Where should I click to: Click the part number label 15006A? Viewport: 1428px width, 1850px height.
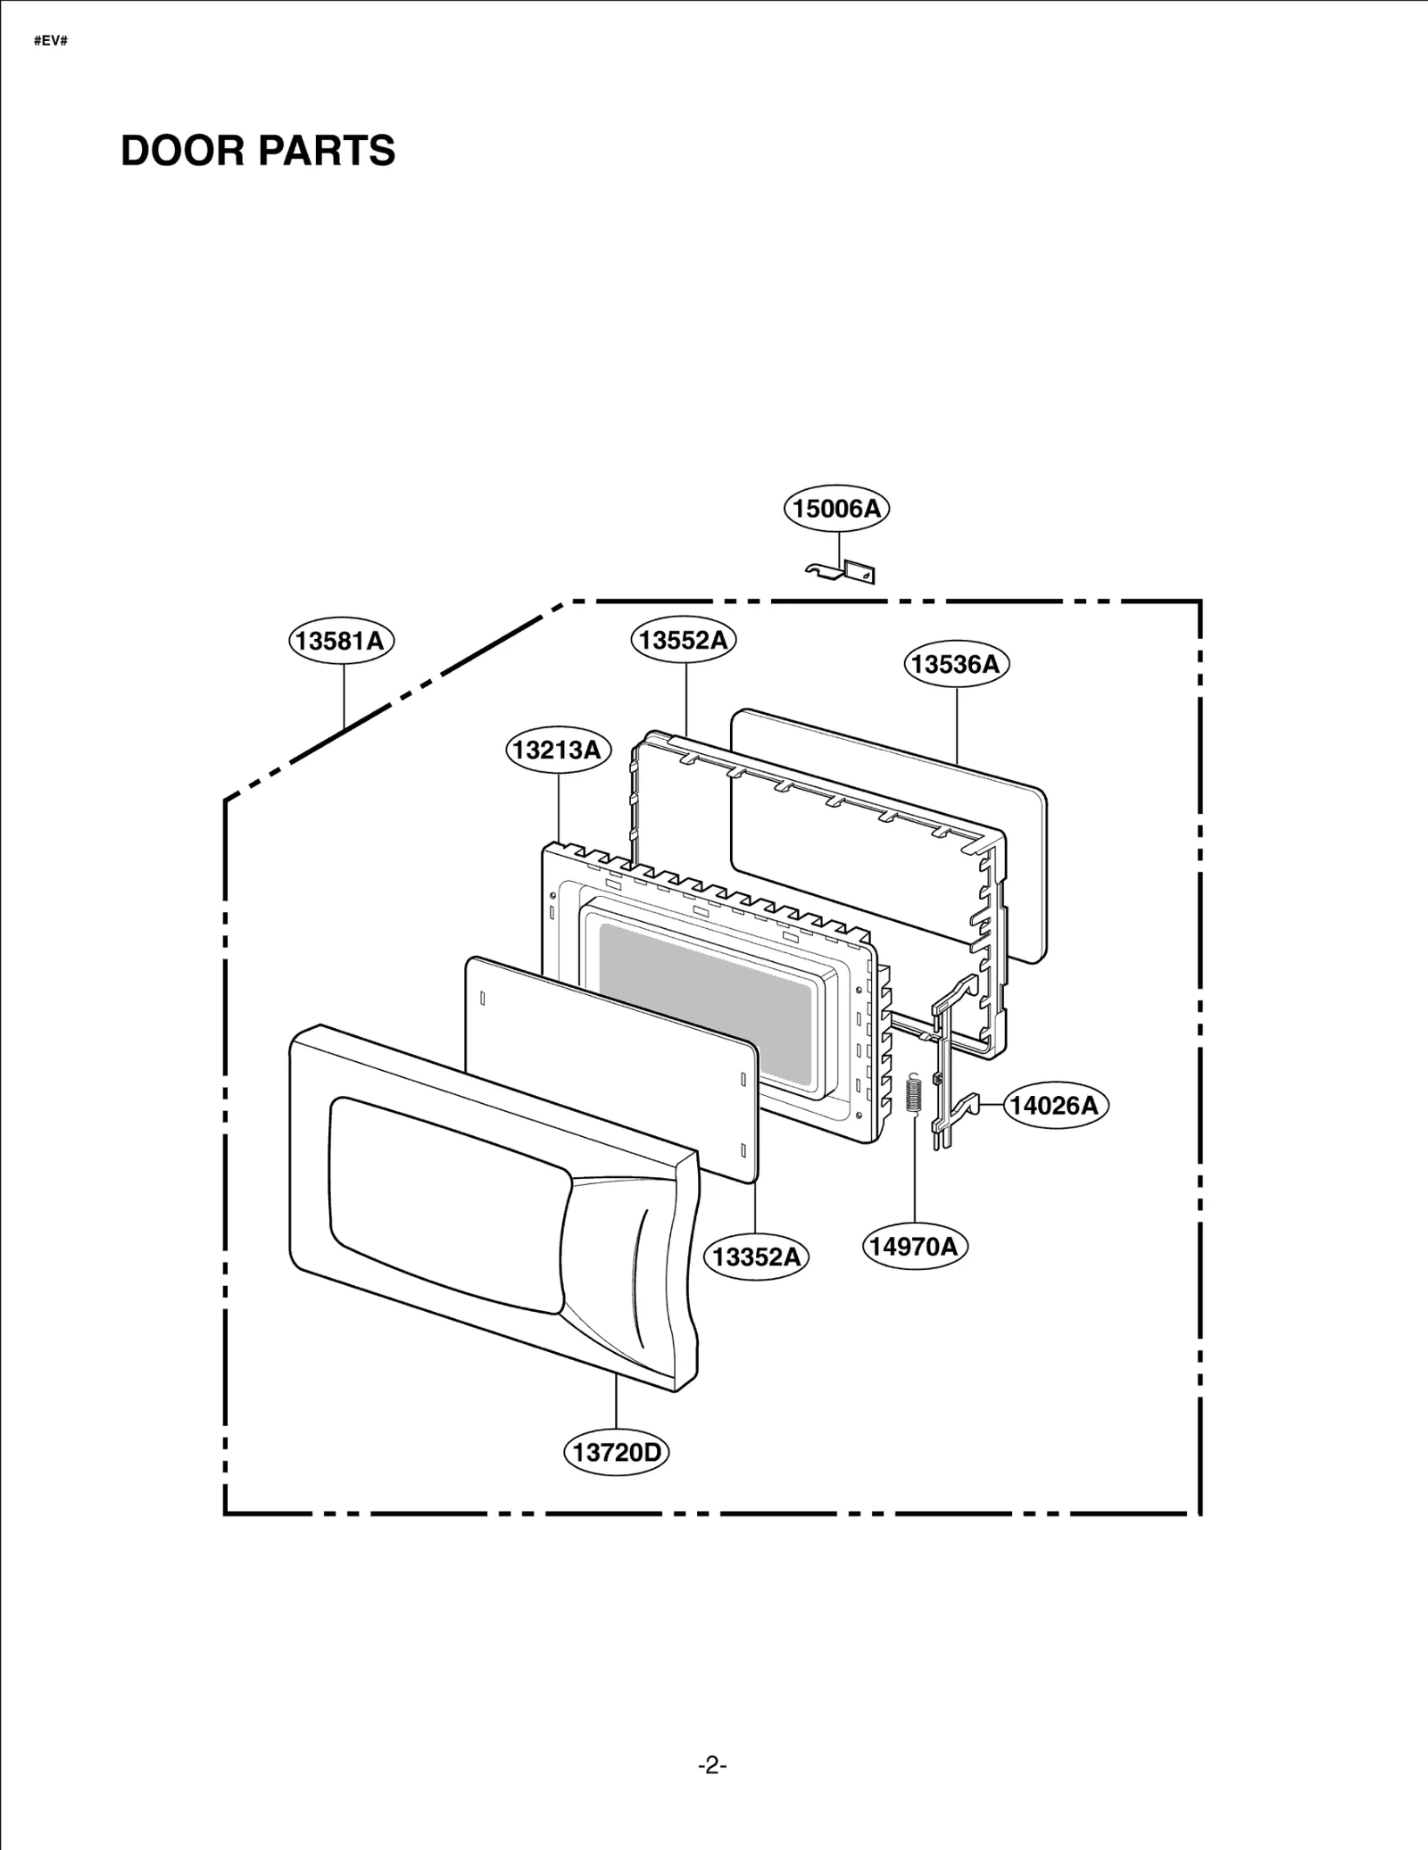(x=836, y=509)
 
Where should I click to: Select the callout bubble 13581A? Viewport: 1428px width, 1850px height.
(x=341, y=641)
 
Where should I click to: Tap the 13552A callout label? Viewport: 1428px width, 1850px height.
(x=684, y=640)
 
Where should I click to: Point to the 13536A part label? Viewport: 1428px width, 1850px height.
(x=956, y=664)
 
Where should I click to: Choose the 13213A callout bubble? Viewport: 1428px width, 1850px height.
(x=558, y=750)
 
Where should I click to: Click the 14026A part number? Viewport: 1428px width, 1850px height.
(x=1054, y=1105)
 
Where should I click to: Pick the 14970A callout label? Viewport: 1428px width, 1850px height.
(x=914, y=1246)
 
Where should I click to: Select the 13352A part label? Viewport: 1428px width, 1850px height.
(x=756, y=1257)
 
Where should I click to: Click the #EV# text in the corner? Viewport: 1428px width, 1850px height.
(x=51, y=42)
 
